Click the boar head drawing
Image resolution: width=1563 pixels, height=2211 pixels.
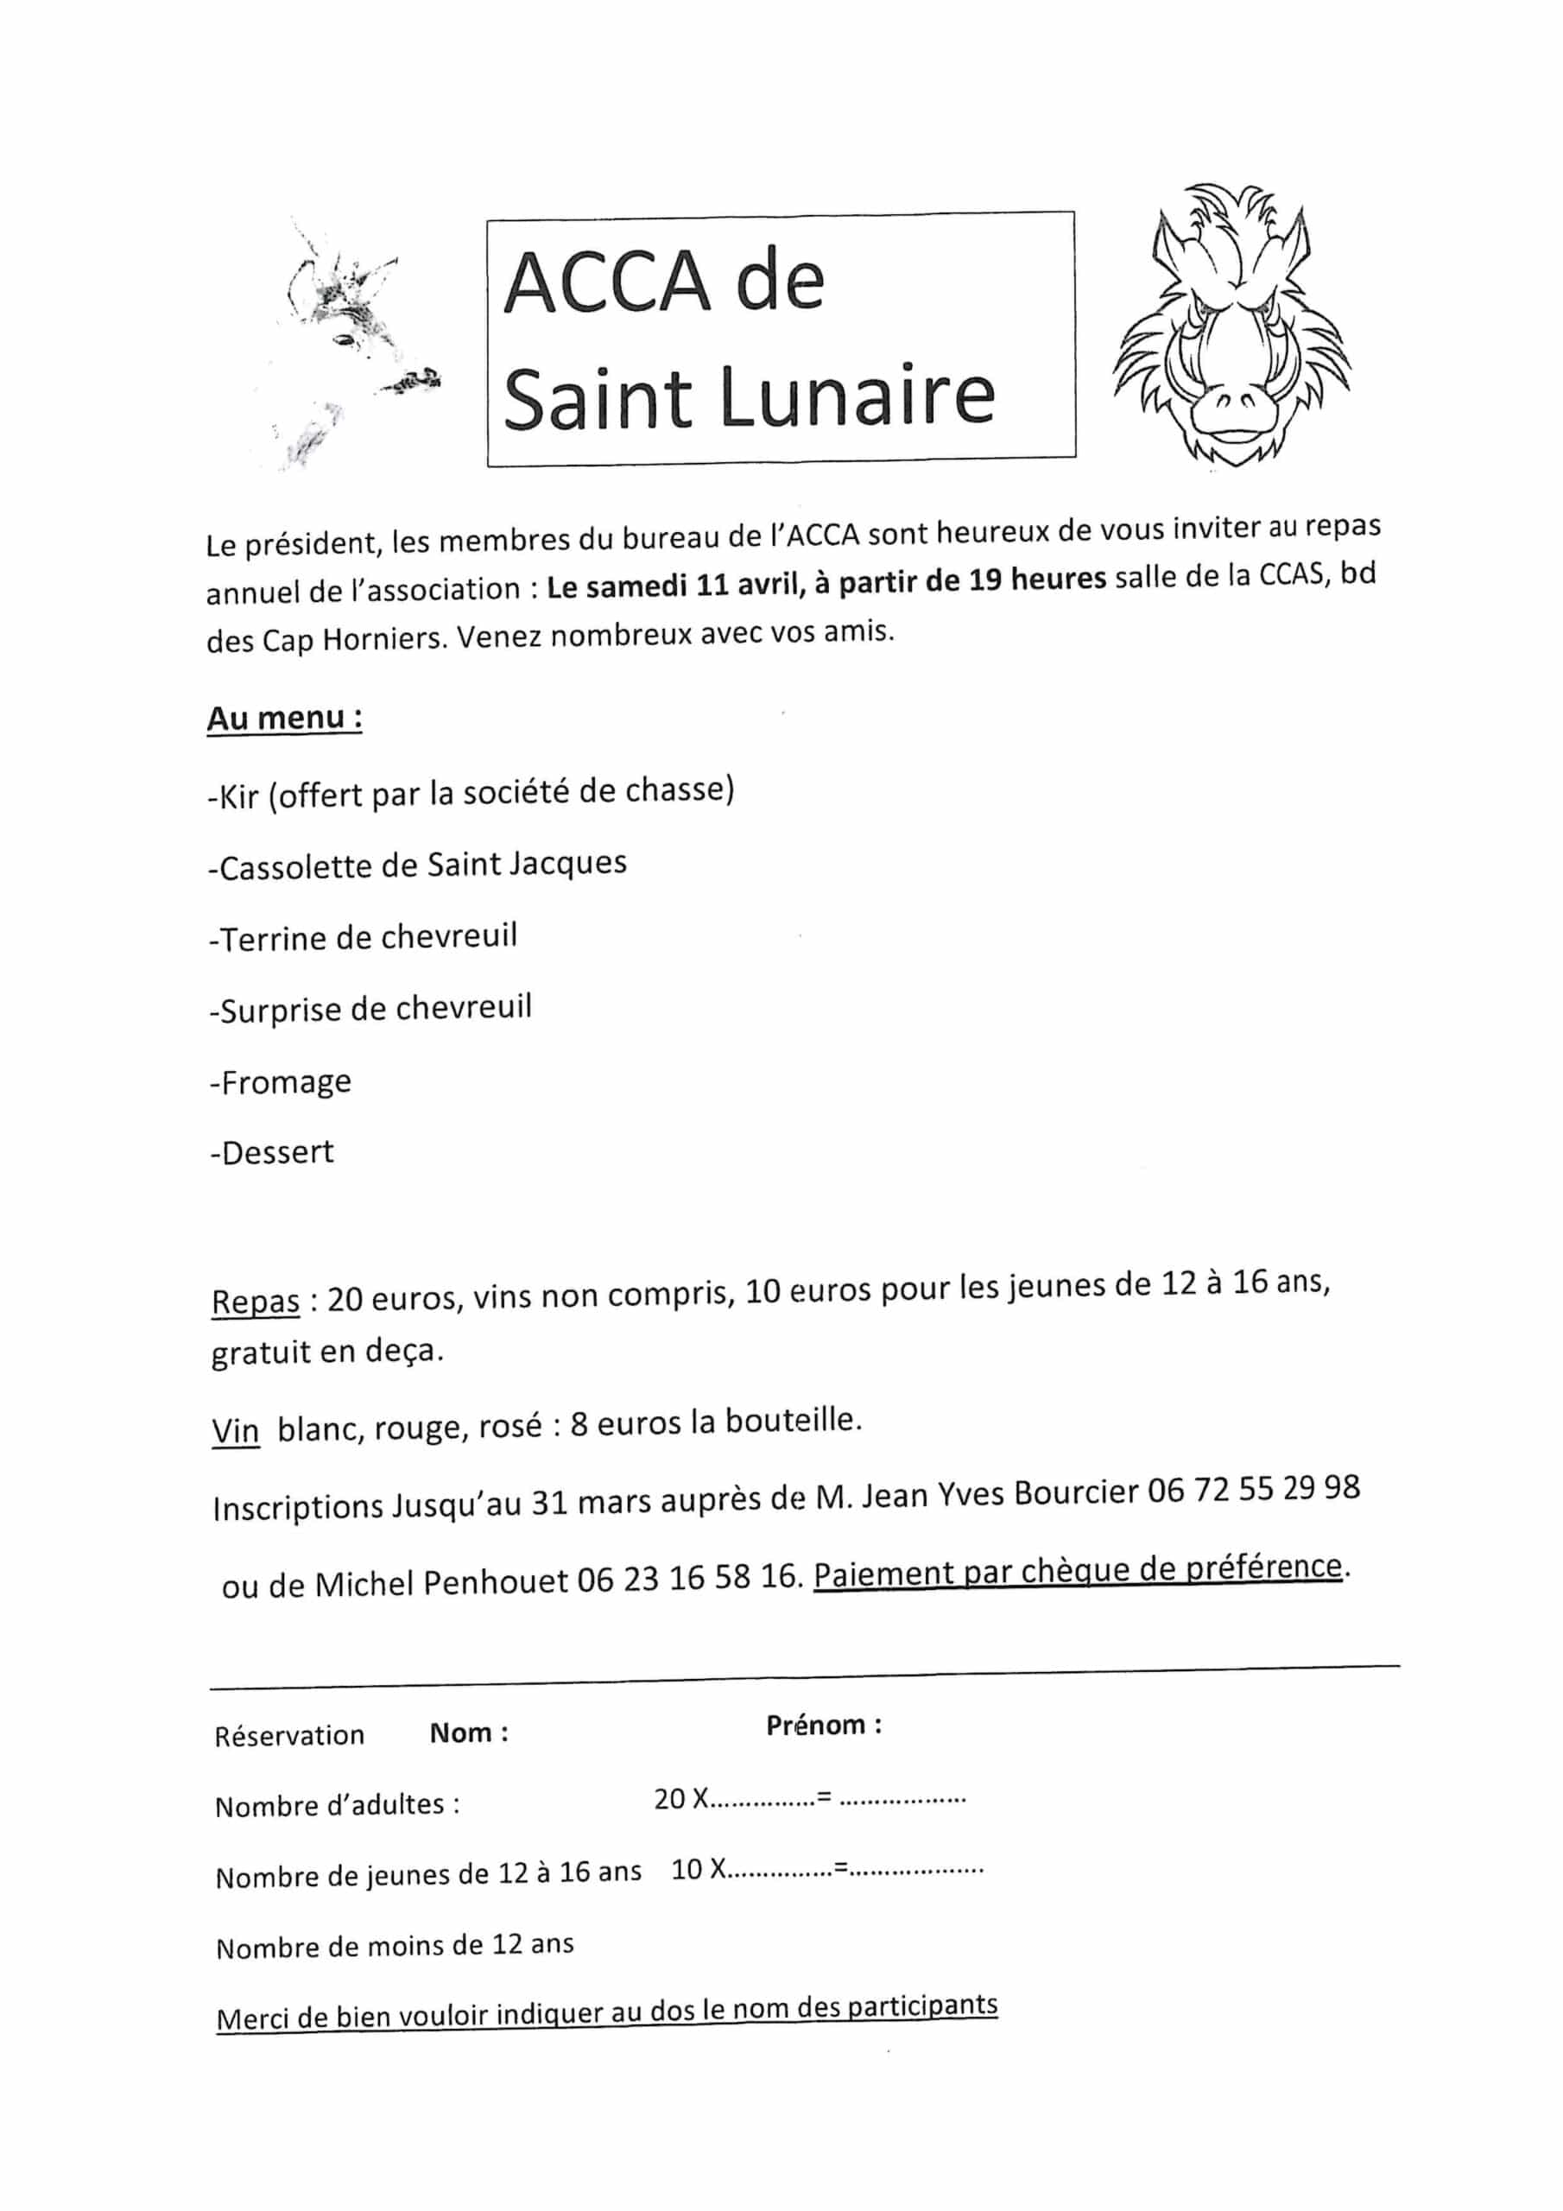(x=1231, y=327)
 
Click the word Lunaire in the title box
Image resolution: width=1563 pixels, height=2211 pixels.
(x=857, y=396)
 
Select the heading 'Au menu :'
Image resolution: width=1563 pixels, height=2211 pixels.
(x=284, y=719)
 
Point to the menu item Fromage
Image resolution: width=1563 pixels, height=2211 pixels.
(x=282, y=1082)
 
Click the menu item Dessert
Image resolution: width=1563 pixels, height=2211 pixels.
(x=273, y=1153)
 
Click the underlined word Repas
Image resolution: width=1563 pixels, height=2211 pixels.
(x=256, y=1302)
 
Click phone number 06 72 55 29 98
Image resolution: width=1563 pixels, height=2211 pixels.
(x=1253, y=1490)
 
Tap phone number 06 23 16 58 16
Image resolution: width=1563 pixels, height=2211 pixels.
(x=687, y=1577)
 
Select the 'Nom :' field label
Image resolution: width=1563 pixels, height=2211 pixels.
(x=469, y=1733)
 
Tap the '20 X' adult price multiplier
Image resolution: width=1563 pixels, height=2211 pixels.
(x=680, y=1798)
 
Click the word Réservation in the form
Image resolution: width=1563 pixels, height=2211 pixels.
(x=289, y=1735)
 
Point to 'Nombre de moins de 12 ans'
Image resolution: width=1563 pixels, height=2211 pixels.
(x=395, y=1944)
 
